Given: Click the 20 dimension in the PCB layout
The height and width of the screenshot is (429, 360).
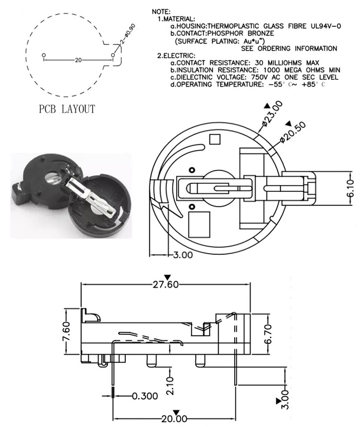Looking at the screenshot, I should [x=78, y=60].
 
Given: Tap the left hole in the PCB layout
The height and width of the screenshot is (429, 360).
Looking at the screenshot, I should [x=44, y=55].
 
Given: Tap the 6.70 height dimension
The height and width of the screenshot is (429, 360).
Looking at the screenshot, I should [x=269, y=333].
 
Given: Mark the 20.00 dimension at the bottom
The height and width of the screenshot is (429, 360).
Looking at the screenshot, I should [x=174, y=419].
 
